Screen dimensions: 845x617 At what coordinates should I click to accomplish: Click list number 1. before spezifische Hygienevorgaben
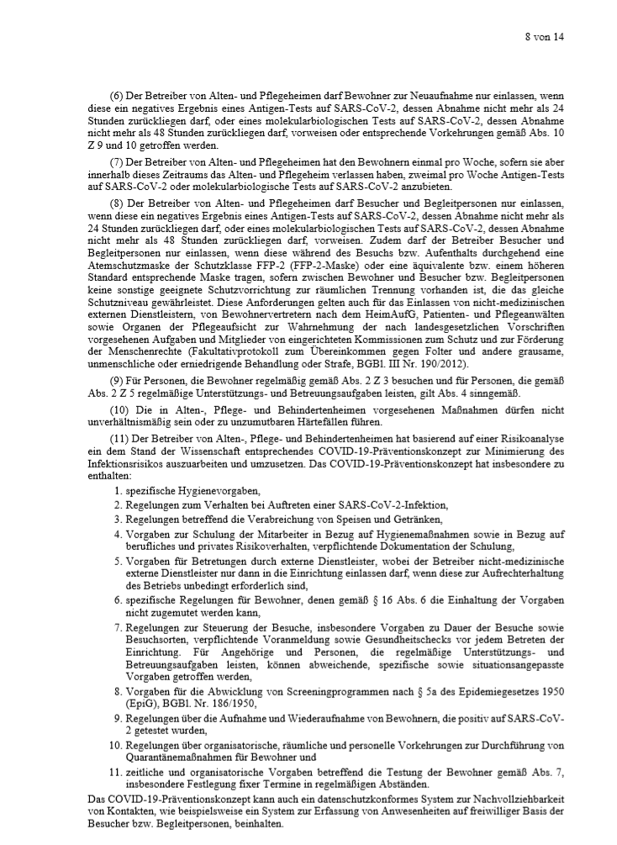click(117, 489)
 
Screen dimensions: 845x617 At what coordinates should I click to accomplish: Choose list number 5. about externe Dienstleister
click(117, 561)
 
